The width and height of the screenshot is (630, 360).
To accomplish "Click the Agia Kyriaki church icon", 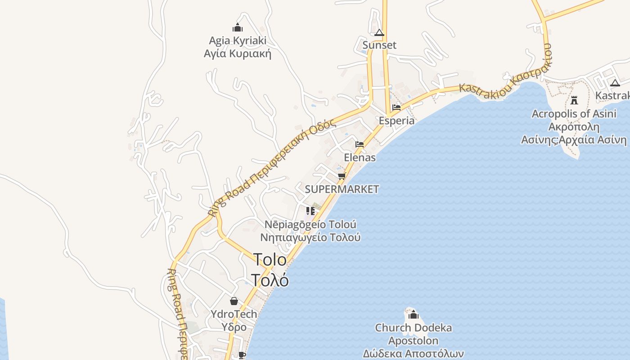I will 238,28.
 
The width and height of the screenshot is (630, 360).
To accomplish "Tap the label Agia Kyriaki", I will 238,40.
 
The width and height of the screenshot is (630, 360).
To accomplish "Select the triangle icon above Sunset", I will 379,33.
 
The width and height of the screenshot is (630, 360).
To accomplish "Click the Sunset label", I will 379,45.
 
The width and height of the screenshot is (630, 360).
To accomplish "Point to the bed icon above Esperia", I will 396,108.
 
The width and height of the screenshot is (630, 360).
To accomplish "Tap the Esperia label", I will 396,121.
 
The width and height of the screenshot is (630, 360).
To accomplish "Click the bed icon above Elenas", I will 360,144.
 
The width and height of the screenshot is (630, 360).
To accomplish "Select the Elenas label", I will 360,157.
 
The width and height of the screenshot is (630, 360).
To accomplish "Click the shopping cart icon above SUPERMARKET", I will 342,176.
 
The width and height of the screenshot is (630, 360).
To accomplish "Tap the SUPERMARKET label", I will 342,189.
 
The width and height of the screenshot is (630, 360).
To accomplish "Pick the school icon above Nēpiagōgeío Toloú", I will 310,211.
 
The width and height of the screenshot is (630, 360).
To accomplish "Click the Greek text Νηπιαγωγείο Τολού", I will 310,237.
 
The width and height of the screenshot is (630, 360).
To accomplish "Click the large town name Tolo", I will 270,260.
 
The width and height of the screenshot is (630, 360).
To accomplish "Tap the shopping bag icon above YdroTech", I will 234,301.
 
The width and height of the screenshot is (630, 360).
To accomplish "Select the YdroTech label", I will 234,314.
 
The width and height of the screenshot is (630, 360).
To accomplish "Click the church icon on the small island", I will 413,315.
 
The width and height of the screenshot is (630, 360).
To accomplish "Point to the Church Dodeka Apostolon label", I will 413,334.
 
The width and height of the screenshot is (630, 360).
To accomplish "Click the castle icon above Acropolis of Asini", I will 574,100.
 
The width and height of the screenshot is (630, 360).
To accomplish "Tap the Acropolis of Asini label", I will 574,113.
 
